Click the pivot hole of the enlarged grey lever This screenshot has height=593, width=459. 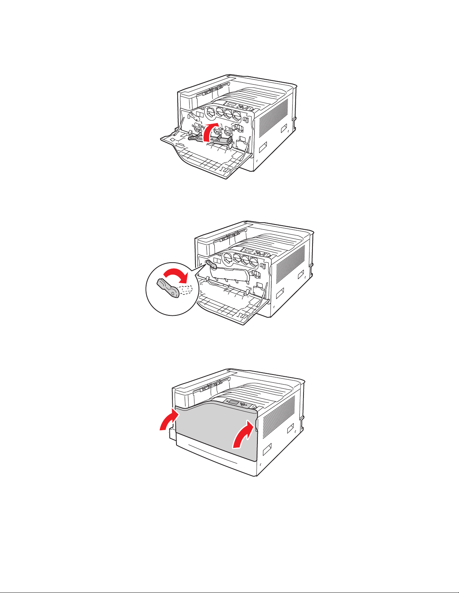coord(173,294)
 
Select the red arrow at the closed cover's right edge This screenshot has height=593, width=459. coord(242,434)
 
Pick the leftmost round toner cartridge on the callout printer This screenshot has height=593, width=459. coord(227,257)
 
